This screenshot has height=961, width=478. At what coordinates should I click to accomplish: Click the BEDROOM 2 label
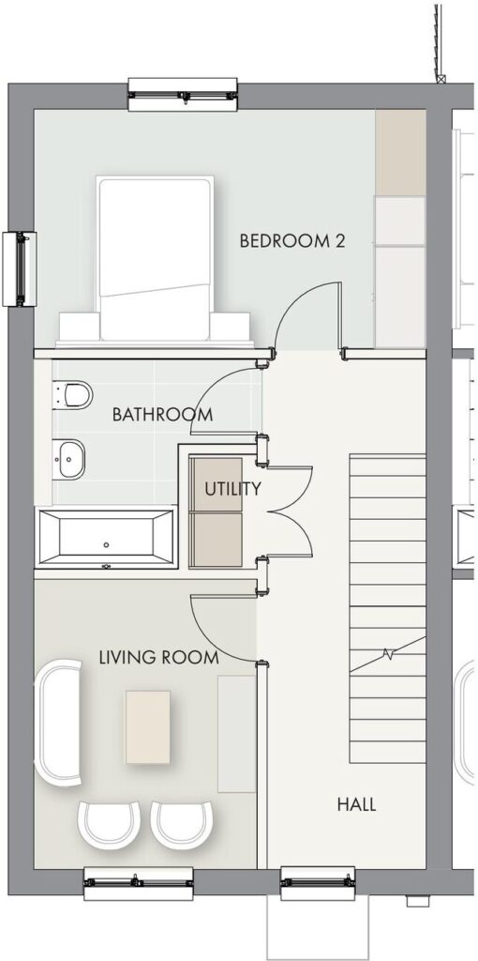pyautogui.click(x=291, y=241)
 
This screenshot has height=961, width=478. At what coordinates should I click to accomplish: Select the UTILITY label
pyautogui.click(x=232, y=489)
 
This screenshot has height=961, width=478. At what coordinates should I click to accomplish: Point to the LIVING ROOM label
pyautogui.click(x=158, y=658)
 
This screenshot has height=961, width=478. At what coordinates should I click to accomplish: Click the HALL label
pyautogui.click(x=356, y=804)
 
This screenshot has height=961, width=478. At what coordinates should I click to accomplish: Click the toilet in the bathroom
pyautogui.click(x=73, y=395)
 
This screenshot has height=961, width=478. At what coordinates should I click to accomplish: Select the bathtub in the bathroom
pyautogui.click(x=107, y=538)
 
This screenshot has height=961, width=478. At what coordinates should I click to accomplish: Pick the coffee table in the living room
pyautogui.click(x=148, y=727)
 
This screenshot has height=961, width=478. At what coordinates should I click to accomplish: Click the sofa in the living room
pyautogui.click(x=59, y=723)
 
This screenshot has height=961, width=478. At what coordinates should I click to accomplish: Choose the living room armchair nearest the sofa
pyautogui.click(x=109, y=824)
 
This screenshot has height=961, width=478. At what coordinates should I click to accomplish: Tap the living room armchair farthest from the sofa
pyautogui.click(x=182, y=824)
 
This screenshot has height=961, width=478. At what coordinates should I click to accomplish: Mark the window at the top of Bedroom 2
pyautogui.click(x=183, y=95)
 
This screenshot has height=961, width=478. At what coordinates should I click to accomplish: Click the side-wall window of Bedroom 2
pyautogui.click(x=20, y=268)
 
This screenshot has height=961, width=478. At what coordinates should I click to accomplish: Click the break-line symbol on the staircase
pyautogui.click(x=387, y=653)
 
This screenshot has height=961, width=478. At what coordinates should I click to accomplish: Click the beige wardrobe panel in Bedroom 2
pyautogui.click(x=400, y=153)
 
